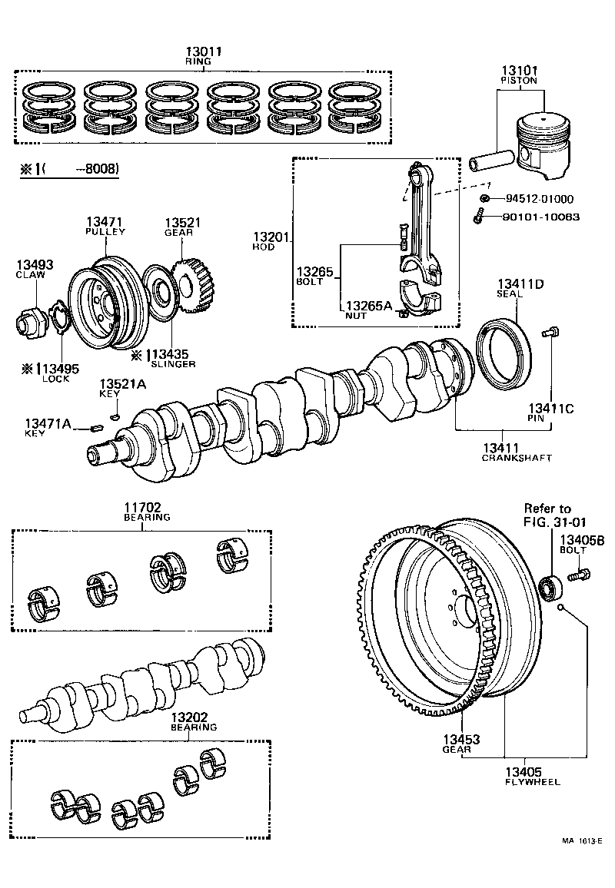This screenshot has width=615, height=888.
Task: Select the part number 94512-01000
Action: (539, 200)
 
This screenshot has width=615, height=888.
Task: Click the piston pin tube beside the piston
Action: (492, 162)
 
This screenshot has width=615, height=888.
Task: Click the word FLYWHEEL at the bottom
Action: (532, 782)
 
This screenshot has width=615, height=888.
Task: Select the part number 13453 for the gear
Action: (460, 739)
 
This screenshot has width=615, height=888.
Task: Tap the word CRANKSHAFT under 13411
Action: (517, 458)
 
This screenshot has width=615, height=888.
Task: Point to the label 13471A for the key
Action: (48, 423)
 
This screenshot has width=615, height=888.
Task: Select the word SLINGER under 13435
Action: (173, 364)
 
